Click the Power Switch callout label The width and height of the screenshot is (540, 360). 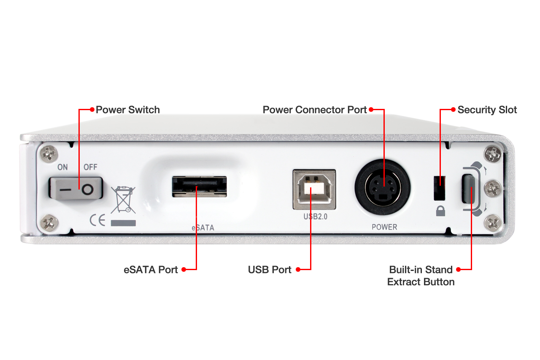(128, 110)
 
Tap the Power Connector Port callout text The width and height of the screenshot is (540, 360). (315, 110)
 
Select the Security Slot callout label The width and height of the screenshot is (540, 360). (487, 110)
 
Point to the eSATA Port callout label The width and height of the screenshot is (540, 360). (151, 270)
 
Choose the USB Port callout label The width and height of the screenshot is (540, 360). (270, 270)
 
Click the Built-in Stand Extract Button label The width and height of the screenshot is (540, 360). (421, 276)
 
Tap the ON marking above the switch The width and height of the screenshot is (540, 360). (62, 167)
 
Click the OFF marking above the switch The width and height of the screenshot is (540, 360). (90, 167)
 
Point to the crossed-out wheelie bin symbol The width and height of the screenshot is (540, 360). (123, 200)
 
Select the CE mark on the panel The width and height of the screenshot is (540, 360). (97, 220)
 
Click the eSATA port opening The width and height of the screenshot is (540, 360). (200, 187)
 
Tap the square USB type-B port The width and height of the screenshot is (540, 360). (314, 189)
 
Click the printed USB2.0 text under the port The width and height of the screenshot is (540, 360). (315, 217)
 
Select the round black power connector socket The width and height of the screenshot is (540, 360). (383, 187)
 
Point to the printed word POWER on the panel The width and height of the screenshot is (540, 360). (384, 227)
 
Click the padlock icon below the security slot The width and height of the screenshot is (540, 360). (440, 211)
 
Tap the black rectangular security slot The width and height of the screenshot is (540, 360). (440, 188)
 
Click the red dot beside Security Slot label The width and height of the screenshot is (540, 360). (453, 110)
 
